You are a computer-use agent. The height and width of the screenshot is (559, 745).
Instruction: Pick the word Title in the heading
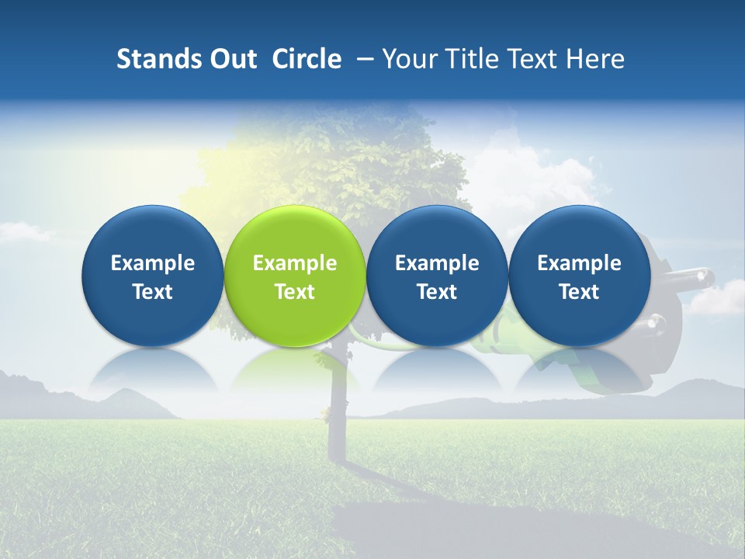(x=469, y=59)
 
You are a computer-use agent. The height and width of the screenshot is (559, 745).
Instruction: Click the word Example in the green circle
(x=295, y=263)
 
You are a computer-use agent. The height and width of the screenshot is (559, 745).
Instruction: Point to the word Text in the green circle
(x=295, y=292)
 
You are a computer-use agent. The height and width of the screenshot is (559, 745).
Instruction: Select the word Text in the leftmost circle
(x=152, y=292)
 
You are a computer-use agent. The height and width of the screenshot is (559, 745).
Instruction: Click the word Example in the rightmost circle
(x=579, y=263)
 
